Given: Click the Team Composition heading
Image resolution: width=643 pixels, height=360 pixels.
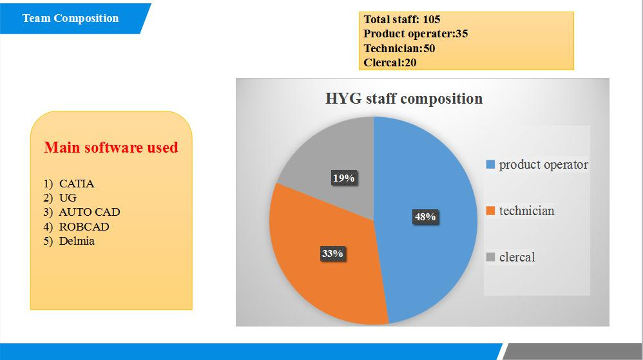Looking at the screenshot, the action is pyautogui.click(x=70, y=19).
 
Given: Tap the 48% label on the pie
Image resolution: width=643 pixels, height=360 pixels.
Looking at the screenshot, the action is pyautogui.click(x=425, y=216).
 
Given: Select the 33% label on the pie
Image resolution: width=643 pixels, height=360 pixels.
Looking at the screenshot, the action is pyautogui.click(x=332, y=253).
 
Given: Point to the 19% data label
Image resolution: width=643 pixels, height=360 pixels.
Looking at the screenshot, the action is pyautogui.click(x=343, y=178).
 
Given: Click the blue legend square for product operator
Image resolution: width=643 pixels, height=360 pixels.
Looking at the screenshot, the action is pyautogui.click(x=490, y=165).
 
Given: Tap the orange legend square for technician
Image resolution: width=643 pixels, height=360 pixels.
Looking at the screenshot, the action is pyautogui.click(x=490, y=211).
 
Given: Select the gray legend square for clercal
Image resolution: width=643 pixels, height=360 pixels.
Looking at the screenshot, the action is pyautogui.click(x=490, y=257).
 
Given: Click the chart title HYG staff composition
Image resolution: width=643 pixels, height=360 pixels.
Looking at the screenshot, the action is pyautogui.click(x=404, y=99).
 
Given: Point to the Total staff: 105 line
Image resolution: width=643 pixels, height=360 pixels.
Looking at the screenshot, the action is pyautogui.click(x=402, y=19).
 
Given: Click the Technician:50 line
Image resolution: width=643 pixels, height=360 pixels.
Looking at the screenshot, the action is pyautogui.click(x=399, y=48).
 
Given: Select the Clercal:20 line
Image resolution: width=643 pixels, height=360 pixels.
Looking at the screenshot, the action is pyautogui.click(x=390, y=62).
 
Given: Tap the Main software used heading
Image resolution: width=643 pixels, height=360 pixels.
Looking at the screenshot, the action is pyautogui.click(x=111, y=147).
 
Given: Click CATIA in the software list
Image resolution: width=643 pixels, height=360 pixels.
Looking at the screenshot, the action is pyautogui.click(x=77, y=184).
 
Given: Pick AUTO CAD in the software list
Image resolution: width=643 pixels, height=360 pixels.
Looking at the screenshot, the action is pyautogui.click(x=90, y=212).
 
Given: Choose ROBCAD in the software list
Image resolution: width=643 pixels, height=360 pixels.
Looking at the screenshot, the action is pyautogui.click(x=84, y=227).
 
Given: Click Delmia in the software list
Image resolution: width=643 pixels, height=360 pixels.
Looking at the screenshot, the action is pyautogui.click(x=77, y=241).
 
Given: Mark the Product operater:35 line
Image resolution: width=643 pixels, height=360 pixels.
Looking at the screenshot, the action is pyautogui.click(x=416, y=33).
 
